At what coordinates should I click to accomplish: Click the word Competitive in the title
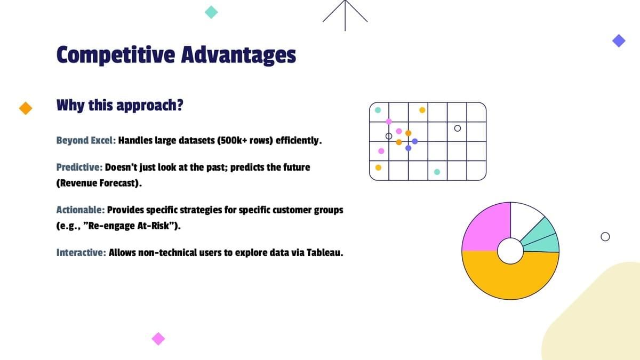click(116, 55)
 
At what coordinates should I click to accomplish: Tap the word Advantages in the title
click(238, 55)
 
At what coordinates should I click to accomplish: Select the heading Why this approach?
click(119, 106)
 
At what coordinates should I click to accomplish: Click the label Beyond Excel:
click(86, 141)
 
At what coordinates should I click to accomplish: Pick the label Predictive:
click(79, 167)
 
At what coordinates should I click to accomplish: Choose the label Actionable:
click(81, 210)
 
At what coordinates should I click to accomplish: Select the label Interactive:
click(81, 253)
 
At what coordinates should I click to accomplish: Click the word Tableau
click(325, 253)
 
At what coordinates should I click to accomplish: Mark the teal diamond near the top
click(211, 12)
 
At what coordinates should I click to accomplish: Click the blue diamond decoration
click(619, 41)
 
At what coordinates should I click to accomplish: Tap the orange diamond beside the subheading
click(26, 108)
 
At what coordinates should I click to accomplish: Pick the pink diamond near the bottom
click(158, 339)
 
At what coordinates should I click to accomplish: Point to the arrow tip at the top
click(345, 1)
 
